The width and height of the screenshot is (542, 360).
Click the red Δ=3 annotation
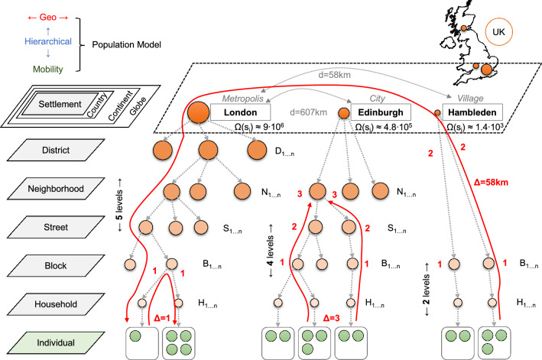332,316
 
